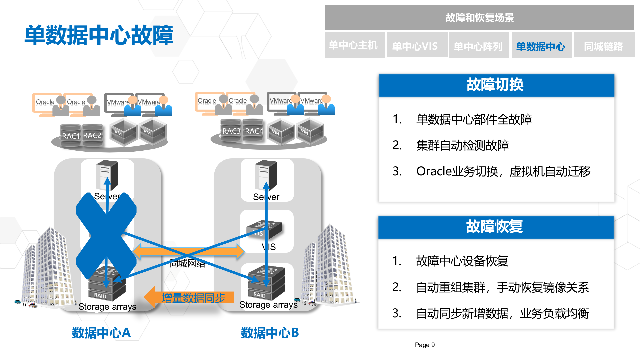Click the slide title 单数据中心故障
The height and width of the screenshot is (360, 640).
(x=99, y=35)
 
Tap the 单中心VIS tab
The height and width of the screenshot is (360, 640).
(x=415, y=46)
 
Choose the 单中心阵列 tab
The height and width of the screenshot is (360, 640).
(x=478, y=46)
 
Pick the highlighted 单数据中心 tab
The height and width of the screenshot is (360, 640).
(x=541, y=46)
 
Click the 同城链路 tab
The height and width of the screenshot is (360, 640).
(x=603, y=46)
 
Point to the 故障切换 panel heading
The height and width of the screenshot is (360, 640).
(x=495, y=85)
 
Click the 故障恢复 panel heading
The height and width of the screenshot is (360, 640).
(x=495, y=227)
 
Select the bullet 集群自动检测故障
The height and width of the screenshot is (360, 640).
(x=462, y=145)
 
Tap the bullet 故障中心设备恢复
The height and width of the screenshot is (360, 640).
(x=462, y=261)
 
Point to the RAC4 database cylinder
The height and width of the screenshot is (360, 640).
(x=254, y=130)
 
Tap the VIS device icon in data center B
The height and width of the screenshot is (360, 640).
(x=264, y=229)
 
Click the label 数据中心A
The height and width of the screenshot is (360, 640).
(x=101, y=333)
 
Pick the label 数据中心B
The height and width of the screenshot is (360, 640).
(x=270, y=333)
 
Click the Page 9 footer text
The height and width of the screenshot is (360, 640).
(x=424, y=345)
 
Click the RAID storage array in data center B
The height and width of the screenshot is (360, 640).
(x=266, y=283)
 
